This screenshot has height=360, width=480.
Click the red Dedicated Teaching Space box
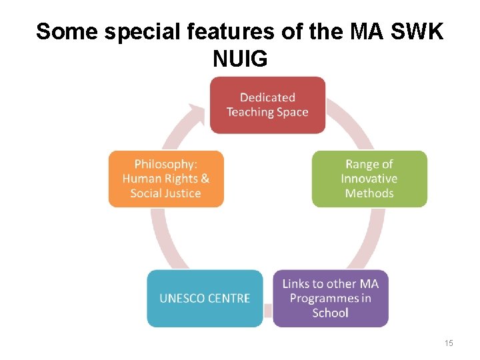click(267, 105)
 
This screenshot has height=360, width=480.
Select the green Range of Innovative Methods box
click(369, 179)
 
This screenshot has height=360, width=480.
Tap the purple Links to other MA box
click(330, 298)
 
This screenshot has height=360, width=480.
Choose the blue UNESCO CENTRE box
click(205, 298)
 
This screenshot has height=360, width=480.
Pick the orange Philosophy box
click(166, 179)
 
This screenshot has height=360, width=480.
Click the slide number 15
click(449, 343)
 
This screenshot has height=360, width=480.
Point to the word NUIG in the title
click(240, 59)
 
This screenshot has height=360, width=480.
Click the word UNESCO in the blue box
click(182, 298)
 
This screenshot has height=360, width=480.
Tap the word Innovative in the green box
click(369, 179)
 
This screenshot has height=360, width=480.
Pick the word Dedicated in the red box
click(267, 98)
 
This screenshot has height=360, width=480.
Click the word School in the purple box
click(330, 313)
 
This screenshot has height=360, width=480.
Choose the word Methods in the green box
click(369, 193)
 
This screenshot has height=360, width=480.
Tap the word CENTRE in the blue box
click(229, 298)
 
